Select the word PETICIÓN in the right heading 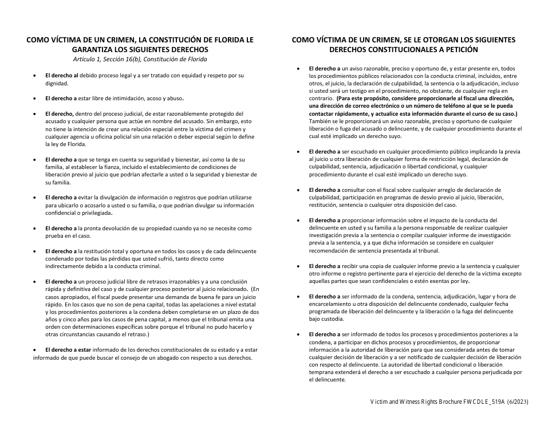coord(487,50)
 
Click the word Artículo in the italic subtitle coord(84,60)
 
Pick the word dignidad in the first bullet coord(57,83)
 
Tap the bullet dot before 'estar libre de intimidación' coord(36,98)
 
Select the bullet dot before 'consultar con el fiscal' coord(298,190)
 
